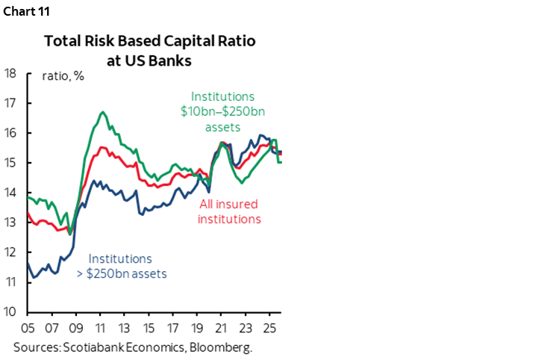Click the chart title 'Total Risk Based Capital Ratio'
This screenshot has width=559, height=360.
click(149, 42)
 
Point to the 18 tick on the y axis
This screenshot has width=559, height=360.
click(10, 73)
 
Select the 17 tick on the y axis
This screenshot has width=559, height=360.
click(10, 103)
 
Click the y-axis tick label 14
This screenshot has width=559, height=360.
click(10, 193)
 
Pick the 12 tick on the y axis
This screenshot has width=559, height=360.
click(10, 252)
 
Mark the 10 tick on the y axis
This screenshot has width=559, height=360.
click(10, 312)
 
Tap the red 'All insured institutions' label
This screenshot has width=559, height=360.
click(229, 211)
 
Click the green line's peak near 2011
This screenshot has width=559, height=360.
click(102, 112)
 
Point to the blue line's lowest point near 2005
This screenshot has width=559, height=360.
click(32, 278)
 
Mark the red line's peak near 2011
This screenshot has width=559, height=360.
click(102, 147)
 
